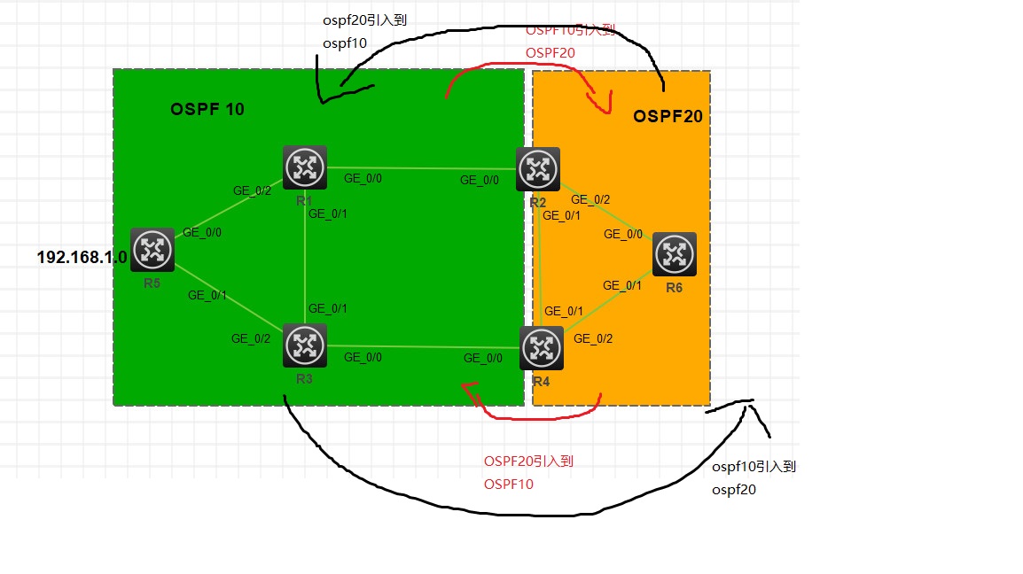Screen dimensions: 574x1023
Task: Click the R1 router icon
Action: click(305, 167)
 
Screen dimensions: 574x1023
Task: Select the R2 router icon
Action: click(538, 169)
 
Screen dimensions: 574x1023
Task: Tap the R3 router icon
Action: click(305, 345)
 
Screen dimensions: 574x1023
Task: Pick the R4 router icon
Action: click(541, 348)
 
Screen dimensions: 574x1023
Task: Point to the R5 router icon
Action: click(152, 250)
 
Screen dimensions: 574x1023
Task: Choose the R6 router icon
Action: click(675, 254)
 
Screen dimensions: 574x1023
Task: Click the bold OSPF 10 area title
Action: click(207, 110)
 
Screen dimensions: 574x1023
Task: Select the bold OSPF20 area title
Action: click(668, 116)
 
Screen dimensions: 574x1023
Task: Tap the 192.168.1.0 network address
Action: click(82, 258)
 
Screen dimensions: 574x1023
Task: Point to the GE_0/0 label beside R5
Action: click(202, 232)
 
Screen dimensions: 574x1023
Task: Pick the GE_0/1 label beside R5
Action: click(207, 295)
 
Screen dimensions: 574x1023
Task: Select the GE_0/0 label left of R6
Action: click(623, 234)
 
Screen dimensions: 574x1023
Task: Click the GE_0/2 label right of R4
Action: click(593, 337)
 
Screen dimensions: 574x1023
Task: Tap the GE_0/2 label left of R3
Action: click(251, 338)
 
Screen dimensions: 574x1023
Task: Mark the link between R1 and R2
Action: click(421, 167)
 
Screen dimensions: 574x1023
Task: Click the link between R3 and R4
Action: click(421, 347)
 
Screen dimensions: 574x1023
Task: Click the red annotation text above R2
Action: click(570, 42)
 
